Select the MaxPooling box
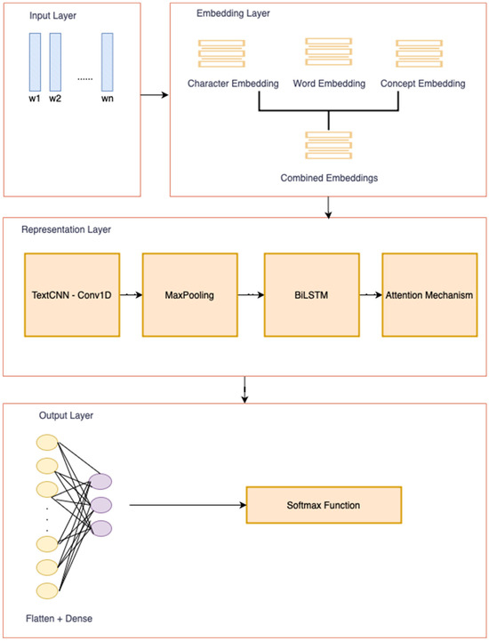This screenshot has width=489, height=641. [190, 294]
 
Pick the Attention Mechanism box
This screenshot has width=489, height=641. [429, 294]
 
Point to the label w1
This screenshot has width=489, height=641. [35, 98]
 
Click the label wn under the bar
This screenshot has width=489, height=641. [108, 98]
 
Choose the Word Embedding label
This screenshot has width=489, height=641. [329, 84]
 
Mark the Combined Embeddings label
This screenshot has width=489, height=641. [330, 178]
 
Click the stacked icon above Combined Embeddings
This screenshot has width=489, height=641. [330, 145]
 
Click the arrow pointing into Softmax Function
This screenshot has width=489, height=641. [187, 505]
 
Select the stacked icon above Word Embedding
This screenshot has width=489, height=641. [329, 52]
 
